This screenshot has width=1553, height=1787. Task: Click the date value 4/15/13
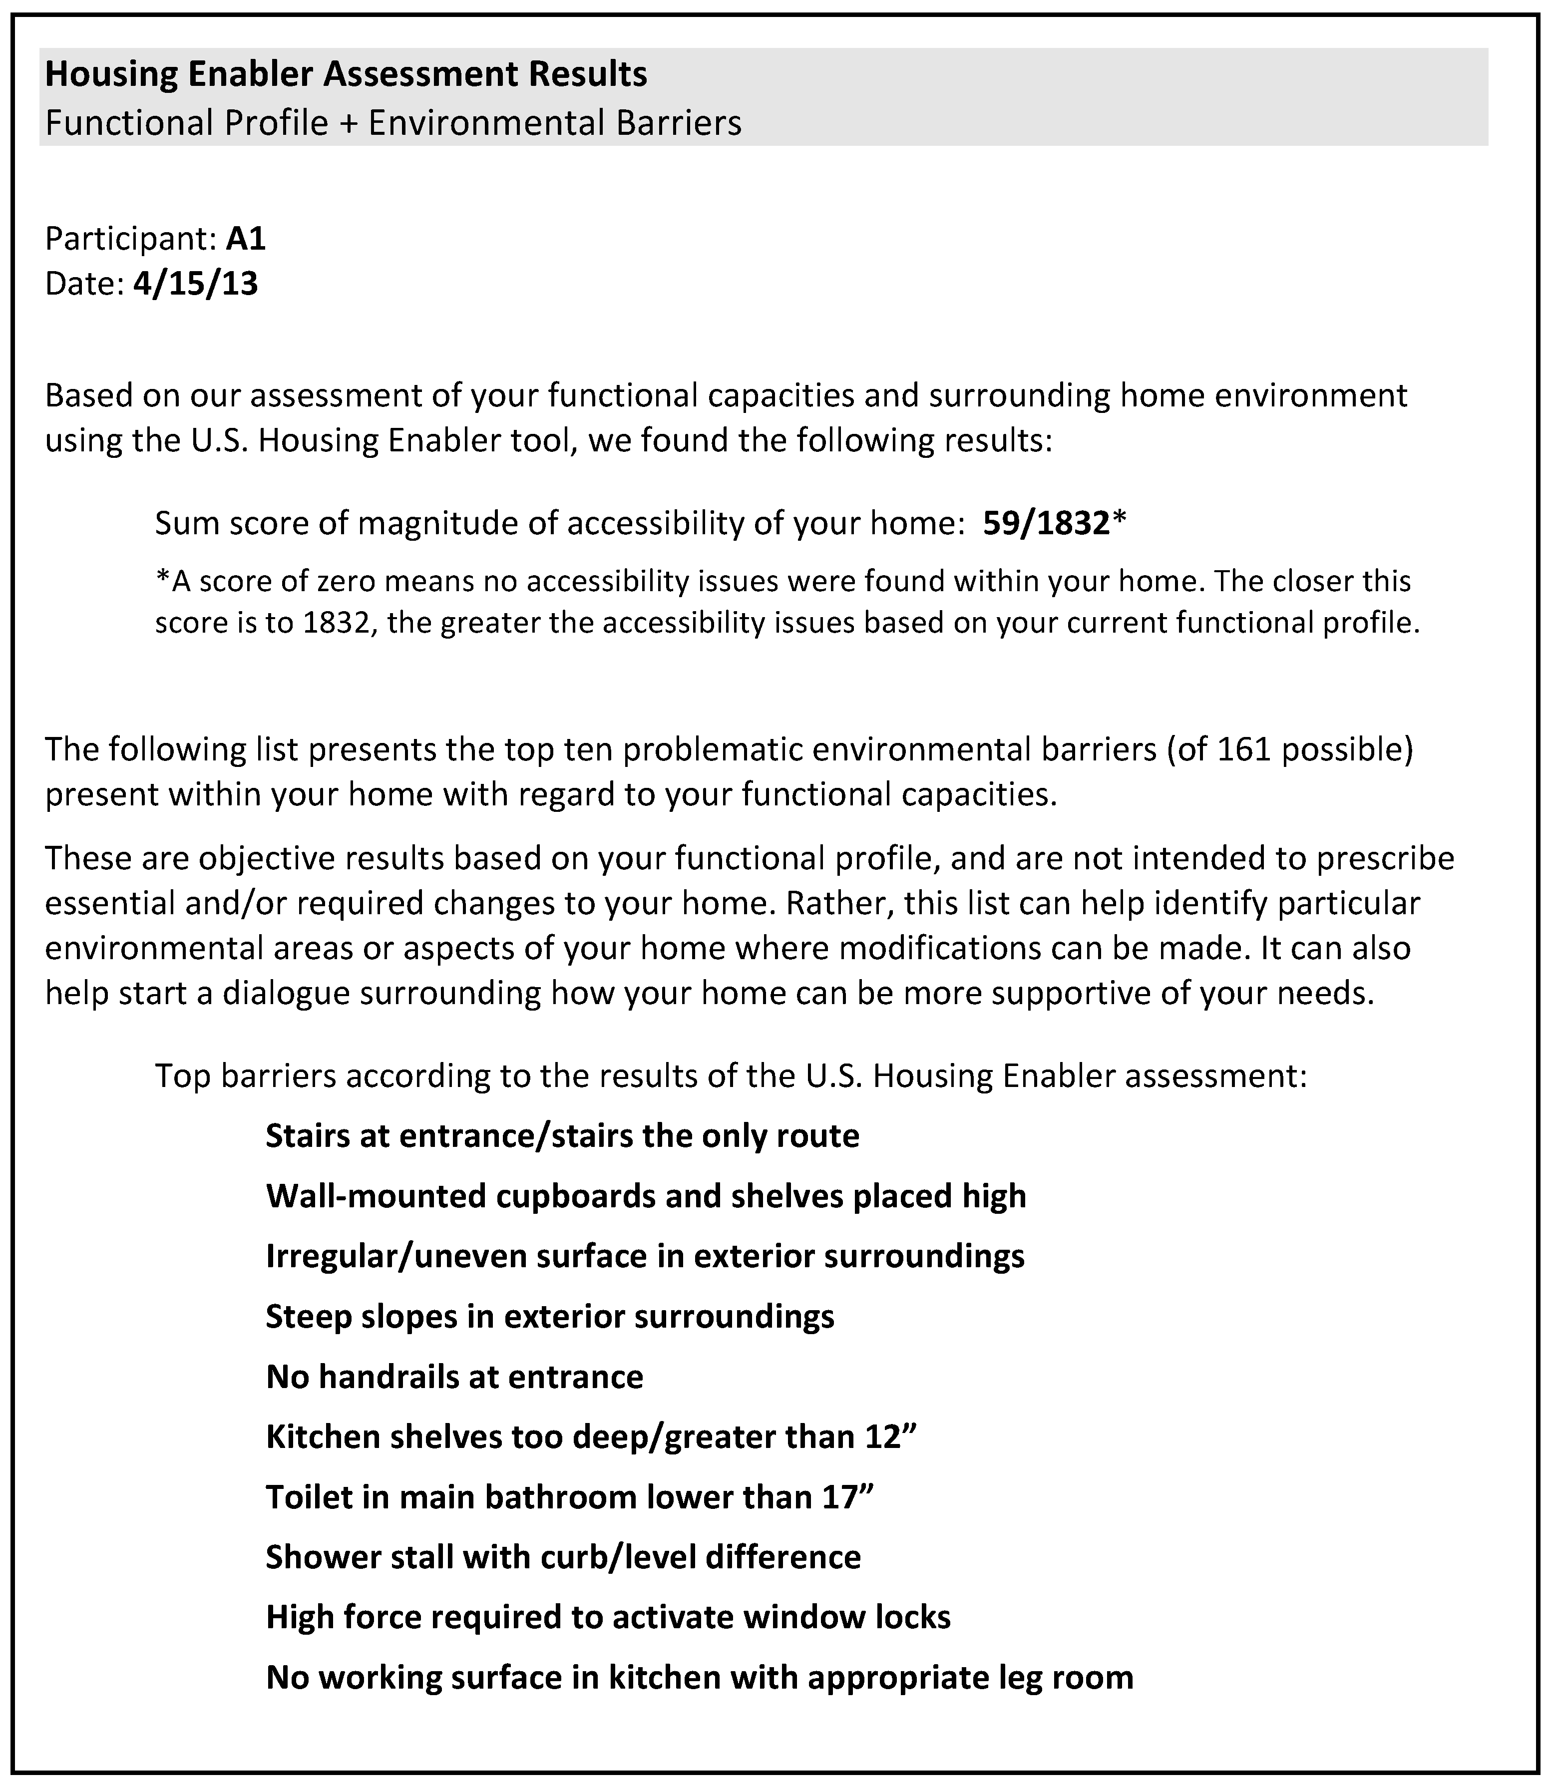pos(196,284)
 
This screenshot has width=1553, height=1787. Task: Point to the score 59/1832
pos(1046,523)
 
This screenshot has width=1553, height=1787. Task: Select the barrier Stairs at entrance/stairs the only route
pos(562,1136)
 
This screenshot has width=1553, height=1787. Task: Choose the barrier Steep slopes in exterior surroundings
pos(549,1317)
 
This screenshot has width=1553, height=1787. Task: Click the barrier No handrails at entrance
pos(454,1377)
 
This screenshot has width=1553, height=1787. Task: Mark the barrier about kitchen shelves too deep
pos(591,1437)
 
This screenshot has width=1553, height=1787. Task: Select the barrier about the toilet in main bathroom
pos(569,1497)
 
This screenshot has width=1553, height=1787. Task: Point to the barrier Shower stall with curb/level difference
pos(563,1557)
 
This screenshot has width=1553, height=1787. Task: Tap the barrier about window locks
pos(608,1617)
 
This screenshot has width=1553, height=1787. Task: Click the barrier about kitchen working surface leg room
pos(700,1678)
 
